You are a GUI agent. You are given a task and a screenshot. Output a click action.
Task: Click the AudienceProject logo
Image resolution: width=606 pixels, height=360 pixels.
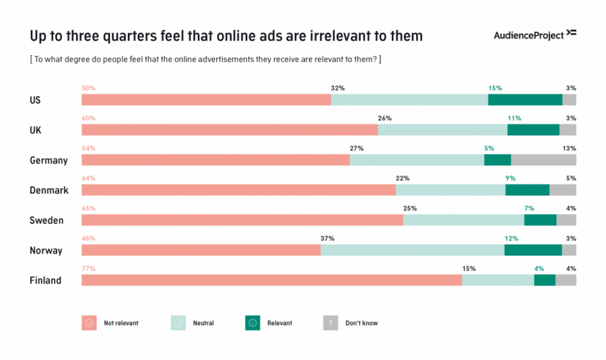click(535, 34)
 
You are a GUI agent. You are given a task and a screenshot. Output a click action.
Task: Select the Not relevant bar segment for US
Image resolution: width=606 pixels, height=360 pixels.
click(206, 100)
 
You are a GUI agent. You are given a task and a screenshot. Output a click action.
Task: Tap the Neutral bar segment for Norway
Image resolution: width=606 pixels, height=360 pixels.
click(412, 250)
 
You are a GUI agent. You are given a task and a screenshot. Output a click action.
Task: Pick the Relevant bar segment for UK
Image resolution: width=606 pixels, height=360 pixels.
click(533, 130)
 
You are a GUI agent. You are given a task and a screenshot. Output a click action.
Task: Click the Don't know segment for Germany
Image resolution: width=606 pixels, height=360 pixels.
click(543, 160)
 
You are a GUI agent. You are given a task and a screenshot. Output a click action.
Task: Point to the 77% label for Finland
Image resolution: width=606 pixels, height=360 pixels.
click(88, 268)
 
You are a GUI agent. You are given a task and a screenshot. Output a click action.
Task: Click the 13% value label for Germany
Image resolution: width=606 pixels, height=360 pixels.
click(569, 148)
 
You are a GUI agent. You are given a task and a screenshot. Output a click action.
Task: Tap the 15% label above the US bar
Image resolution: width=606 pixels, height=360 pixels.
click(495, 88)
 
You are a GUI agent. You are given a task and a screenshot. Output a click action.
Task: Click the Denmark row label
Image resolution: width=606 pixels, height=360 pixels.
click(49, 190)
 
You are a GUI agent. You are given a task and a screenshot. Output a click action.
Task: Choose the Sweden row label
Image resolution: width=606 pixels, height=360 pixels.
click(46, 221)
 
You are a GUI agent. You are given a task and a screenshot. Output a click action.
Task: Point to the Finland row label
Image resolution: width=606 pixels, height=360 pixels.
click(45, 281)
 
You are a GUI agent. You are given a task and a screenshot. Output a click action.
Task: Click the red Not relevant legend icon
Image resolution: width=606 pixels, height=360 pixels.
click(89, 323)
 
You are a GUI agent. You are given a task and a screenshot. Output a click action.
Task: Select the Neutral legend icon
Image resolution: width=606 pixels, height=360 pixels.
click(178, 323)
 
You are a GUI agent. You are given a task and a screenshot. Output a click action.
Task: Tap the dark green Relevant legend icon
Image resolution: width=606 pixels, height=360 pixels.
click(252, 323)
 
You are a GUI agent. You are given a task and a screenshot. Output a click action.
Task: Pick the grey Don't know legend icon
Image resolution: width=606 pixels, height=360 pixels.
click(331, 323)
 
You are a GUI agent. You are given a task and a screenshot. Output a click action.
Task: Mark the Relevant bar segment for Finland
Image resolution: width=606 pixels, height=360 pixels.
click(545, 280)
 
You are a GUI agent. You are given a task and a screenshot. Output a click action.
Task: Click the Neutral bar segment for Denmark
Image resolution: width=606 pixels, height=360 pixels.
click(450, 190)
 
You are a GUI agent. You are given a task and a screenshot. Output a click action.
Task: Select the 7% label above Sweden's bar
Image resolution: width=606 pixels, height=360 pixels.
click(529, 208)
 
